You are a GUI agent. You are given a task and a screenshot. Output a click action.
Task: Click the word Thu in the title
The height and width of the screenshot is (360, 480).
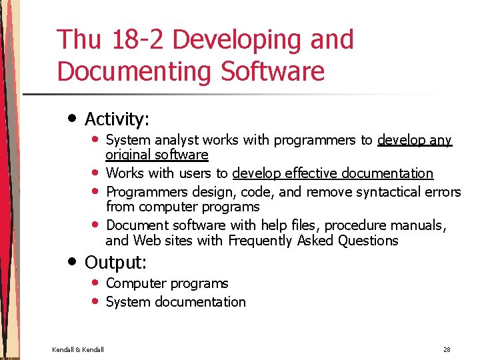pyautogui.click(x=79, y=40)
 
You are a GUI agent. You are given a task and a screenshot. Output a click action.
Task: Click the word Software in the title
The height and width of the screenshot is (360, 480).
pyautogui.click(x=274, y=71)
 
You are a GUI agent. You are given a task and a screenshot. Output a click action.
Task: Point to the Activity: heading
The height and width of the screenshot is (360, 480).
pyautogui.click(x=117, y=119)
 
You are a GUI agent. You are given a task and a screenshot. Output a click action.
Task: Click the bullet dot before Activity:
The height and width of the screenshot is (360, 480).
pyautogui.click(x=72, y=118)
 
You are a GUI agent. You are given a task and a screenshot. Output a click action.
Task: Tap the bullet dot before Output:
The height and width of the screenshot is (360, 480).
pyautogui.click(x=72, y=261)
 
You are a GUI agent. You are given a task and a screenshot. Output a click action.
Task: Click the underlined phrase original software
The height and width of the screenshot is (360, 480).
pyautogui.click(x=157, y=155)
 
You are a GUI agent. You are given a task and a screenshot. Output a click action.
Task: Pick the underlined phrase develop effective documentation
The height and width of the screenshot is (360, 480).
pyautogui.click(x=333, y=173)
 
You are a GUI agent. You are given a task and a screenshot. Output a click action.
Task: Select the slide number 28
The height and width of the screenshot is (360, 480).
pyautogui.click(x=446, y=349)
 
